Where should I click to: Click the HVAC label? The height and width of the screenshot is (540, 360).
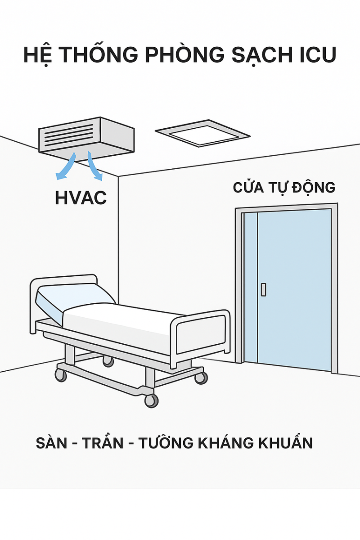tap(81, 198)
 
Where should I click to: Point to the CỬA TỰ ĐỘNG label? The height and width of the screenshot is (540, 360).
tap(284, 187)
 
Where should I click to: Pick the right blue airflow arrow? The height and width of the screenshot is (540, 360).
tap(94, 167)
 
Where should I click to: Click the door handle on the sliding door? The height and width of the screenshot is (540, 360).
tap(263, 289)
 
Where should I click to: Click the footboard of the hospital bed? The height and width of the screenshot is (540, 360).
tap(200, 335)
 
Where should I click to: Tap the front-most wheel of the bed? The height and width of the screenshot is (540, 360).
tap(151, 400)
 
